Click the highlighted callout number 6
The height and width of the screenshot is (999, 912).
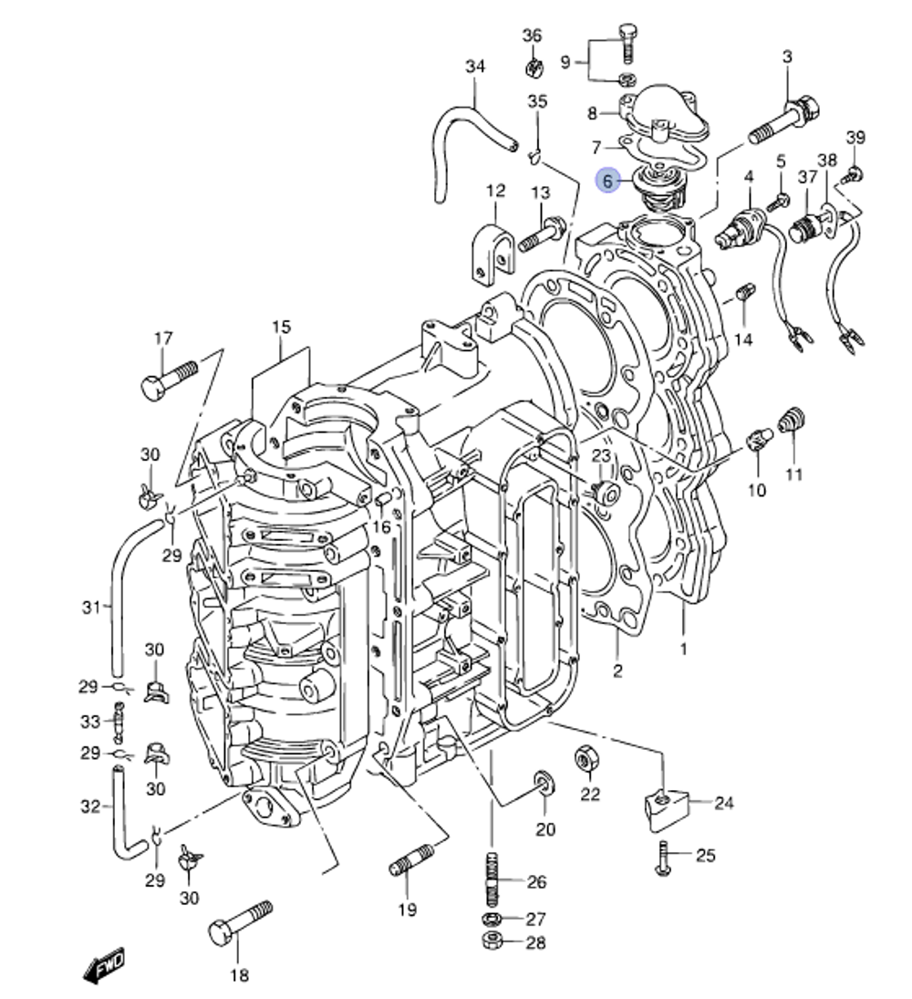(607, 182)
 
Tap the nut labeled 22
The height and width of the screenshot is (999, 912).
(586, 757)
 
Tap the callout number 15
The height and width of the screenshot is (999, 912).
(281, 327)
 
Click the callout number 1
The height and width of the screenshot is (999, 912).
(684, 650)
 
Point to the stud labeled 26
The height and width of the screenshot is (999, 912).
(491, 876)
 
